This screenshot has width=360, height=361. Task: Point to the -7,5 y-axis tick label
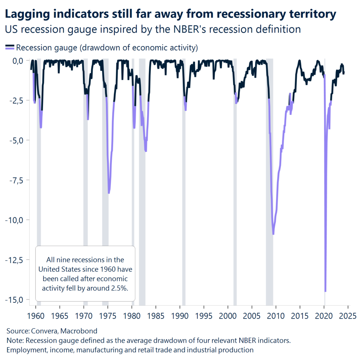(14, 180)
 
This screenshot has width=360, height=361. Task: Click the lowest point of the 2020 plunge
(325, 291)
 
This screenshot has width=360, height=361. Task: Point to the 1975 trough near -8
(109, 193)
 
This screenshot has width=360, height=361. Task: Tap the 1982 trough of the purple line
(145, 151)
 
